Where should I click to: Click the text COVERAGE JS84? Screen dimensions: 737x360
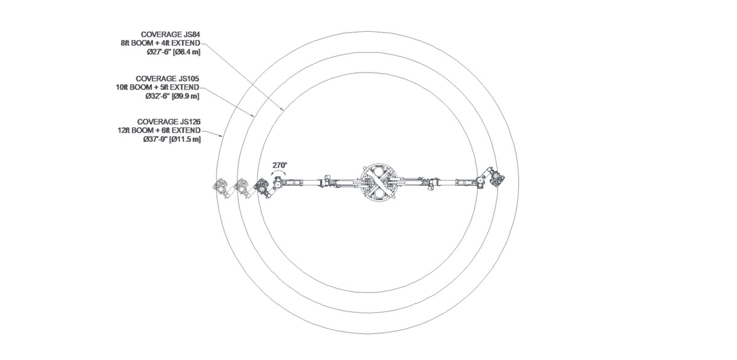(171, 34)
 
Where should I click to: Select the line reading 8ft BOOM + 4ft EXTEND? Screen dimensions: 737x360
(160, 43)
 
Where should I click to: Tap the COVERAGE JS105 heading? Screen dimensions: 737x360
(167, 79)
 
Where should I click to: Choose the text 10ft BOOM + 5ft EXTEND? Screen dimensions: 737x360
(157, 87)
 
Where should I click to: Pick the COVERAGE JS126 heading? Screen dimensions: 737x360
(169, 122)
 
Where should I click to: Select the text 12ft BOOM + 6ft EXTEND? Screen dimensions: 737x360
(159, 130)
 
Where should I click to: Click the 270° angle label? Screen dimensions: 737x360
(279, 165)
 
